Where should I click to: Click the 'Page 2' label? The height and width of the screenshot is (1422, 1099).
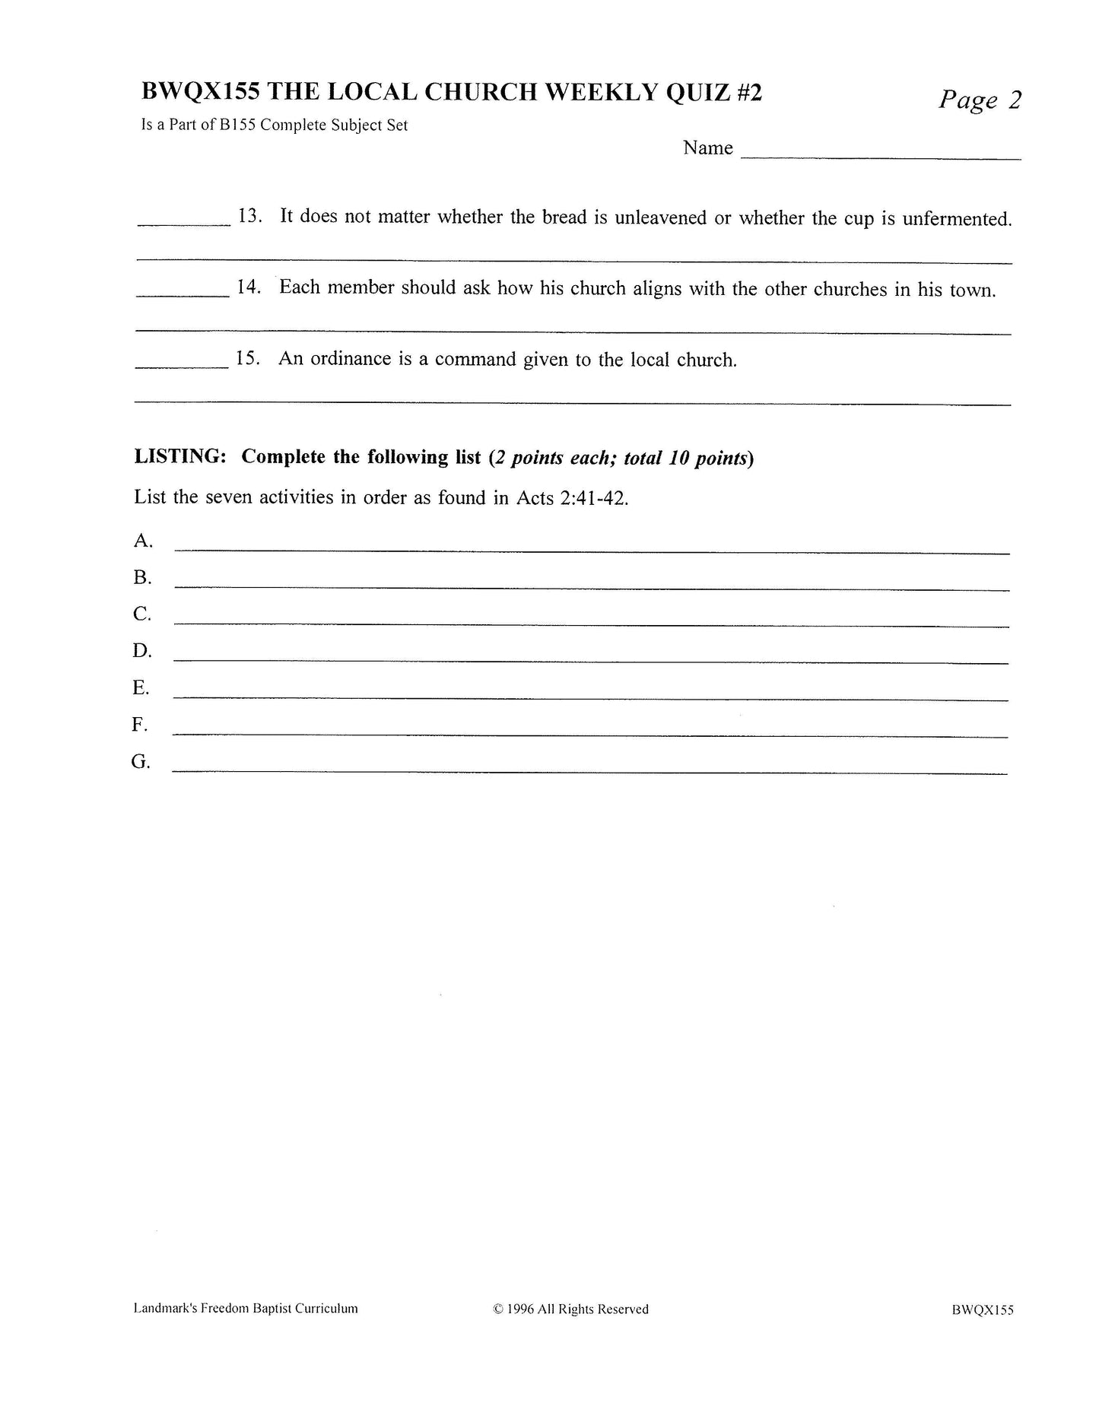tap(980, 100)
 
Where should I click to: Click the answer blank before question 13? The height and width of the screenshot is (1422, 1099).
tap(183, 224)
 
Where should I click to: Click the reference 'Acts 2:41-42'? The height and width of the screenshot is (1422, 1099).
tap(572, 498)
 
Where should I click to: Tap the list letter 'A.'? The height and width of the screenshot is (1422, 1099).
tap(143, 541)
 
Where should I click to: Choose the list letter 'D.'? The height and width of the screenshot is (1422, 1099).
tap(142, 651)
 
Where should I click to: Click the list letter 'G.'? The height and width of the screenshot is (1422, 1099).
tap(141, 761)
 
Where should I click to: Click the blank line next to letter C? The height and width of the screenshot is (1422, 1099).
tap(591, 624)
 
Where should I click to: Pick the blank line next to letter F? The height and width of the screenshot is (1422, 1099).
tap(590, 735)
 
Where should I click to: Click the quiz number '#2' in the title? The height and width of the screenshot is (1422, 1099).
tap(748, 92)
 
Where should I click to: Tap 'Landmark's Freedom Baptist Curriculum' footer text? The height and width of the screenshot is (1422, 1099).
tap(246, 1309)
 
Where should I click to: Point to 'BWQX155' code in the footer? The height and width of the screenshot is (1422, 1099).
tap(982, 1309)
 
